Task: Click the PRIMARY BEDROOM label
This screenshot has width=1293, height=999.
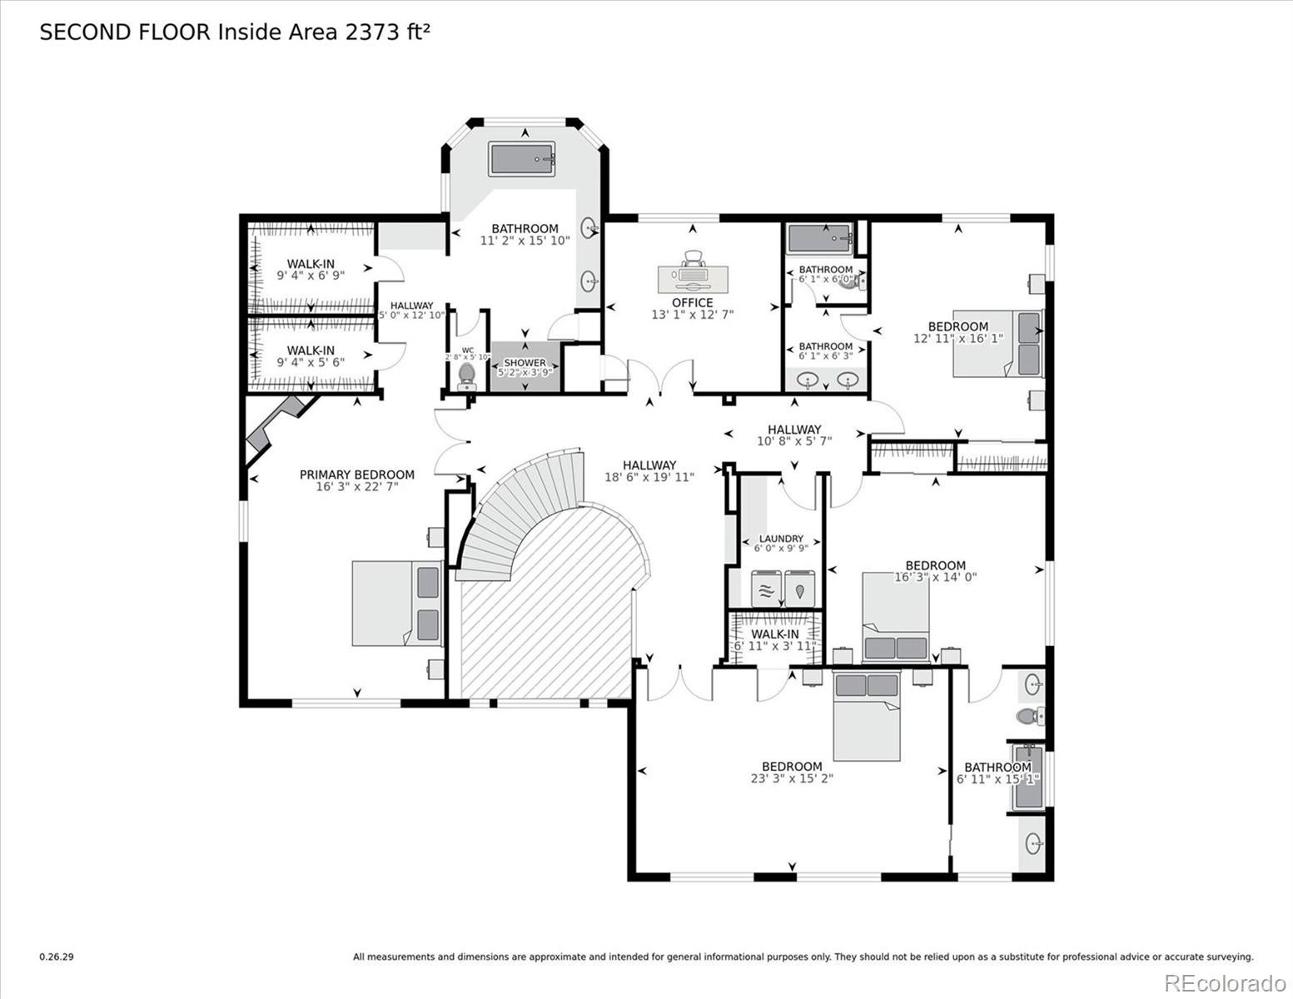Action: point(356,475)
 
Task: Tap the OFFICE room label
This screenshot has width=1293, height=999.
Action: point(692,303)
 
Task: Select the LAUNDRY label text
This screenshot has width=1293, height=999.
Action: point(780,539)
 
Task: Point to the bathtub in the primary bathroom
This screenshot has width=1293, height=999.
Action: point(523,159)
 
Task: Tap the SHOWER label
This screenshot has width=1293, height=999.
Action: point(525,363)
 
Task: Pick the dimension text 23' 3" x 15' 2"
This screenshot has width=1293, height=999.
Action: point(792,778)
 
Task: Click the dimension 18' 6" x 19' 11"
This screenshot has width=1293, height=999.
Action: point(649,477)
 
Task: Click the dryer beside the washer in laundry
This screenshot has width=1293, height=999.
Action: point(800,589)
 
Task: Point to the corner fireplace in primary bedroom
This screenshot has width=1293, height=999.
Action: point(275,425)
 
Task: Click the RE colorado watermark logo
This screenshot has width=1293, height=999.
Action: point(1224,983)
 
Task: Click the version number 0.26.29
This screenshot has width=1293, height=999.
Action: point(57,957)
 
